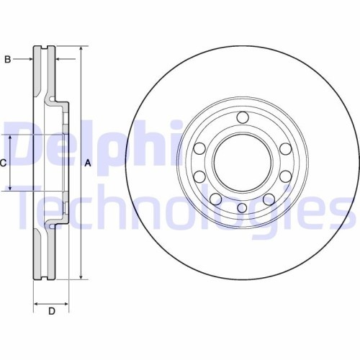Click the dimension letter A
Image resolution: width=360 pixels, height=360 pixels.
88,163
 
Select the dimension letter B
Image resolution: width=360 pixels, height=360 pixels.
7,59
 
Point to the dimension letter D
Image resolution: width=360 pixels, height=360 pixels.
51,311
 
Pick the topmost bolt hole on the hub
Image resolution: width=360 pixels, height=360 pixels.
242,117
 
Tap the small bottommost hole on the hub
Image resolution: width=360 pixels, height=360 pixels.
242,209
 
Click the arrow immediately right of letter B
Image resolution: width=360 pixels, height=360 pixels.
29,59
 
